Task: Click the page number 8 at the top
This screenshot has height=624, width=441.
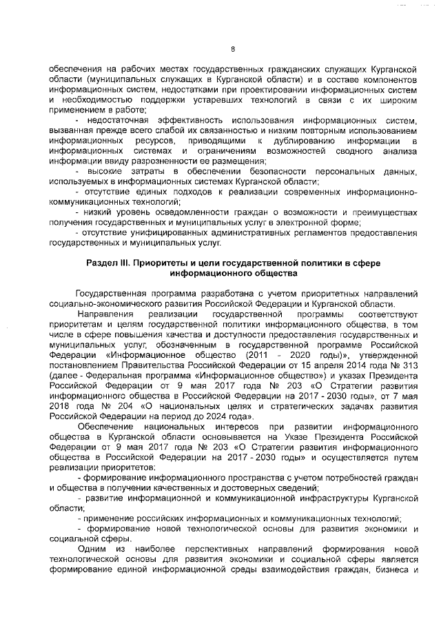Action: [232, 48]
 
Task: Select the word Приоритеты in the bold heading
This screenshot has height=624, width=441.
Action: [158, 263]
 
